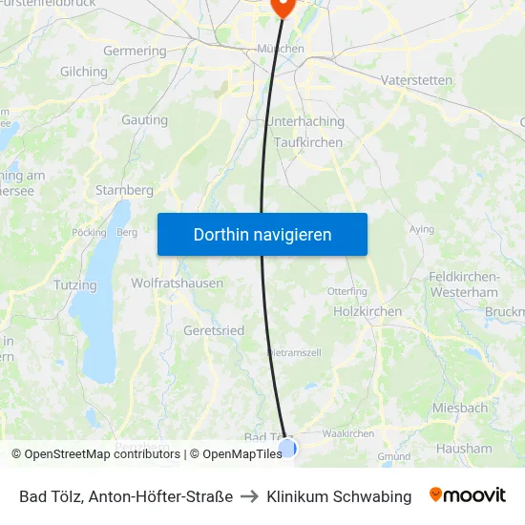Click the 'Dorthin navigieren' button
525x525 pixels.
[262, 234]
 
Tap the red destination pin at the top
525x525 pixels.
[283, 6]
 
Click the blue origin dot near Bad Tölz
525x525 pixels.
[287, 447]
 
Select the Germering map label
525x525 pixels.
[135, 51]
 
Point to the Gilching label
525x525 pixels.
[84, 72]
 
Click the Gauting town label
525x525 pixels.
[144, 120]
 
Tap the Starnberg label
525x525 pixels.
[124, 190]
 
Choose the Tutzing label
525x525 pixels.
[75, 285]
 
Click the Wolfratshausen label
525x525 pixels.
[178, 283]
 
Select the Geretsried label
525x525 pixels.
[213, 330]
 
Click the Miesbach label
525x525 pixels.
[460, 408]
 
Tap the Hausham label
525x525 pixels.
[464, 448]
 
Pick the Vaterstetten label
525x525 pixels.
[416, 80]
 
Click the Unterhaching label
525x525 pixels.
[305, 122]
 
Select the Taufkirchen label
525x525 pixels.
[307, 142]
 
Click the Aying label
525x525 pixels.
[421, 229]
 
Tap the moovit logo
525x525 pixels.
[468, 495]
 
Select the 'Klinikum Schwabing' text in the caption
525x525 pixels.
[339, 496]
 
